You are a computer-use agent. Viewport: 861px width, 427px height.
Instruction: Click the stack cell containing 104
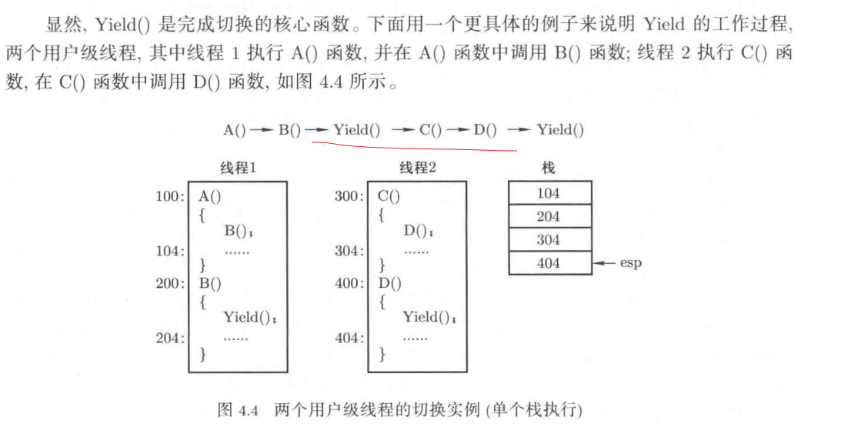tap(549, 192)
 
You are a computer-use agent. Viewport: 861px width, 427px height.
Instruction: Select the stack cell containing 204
tap(549, 216)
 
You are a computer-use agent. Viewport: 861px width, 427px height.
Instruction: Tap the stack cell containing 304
tap(549, 240)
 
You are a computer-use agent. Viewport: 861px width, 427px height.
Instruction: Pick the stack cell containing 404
tap(549, 263)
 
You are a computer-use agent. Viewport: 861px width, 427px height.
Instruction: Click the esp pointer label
tap(631, 263)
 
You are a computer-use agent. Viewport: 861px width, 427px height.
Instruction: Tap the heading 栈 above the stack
tap(549, 168)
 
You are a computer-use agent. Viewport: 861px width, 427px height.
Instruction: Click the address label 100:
tap(170, 195)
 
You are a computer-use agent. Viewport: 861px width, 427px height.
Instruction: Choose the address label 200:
tap(170, 283)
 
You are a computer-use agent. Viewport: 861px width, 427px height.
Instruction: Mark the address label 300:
tap(349, 195)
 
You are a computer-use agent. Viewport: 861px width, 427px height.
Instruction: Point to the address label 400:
tap(349, 283)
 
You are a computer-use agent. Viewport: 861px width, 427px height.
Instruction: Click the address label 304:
tap(349, 250)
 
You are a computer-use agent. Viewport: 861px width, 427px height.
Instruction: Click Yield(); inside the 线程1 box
tap(249, 316)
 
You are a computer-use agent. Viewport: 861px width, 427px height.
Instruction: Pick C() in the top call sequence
tap(431, 129)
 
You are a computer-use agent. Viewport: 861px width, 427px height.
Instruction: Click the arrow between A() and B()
tap(262, 129)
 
